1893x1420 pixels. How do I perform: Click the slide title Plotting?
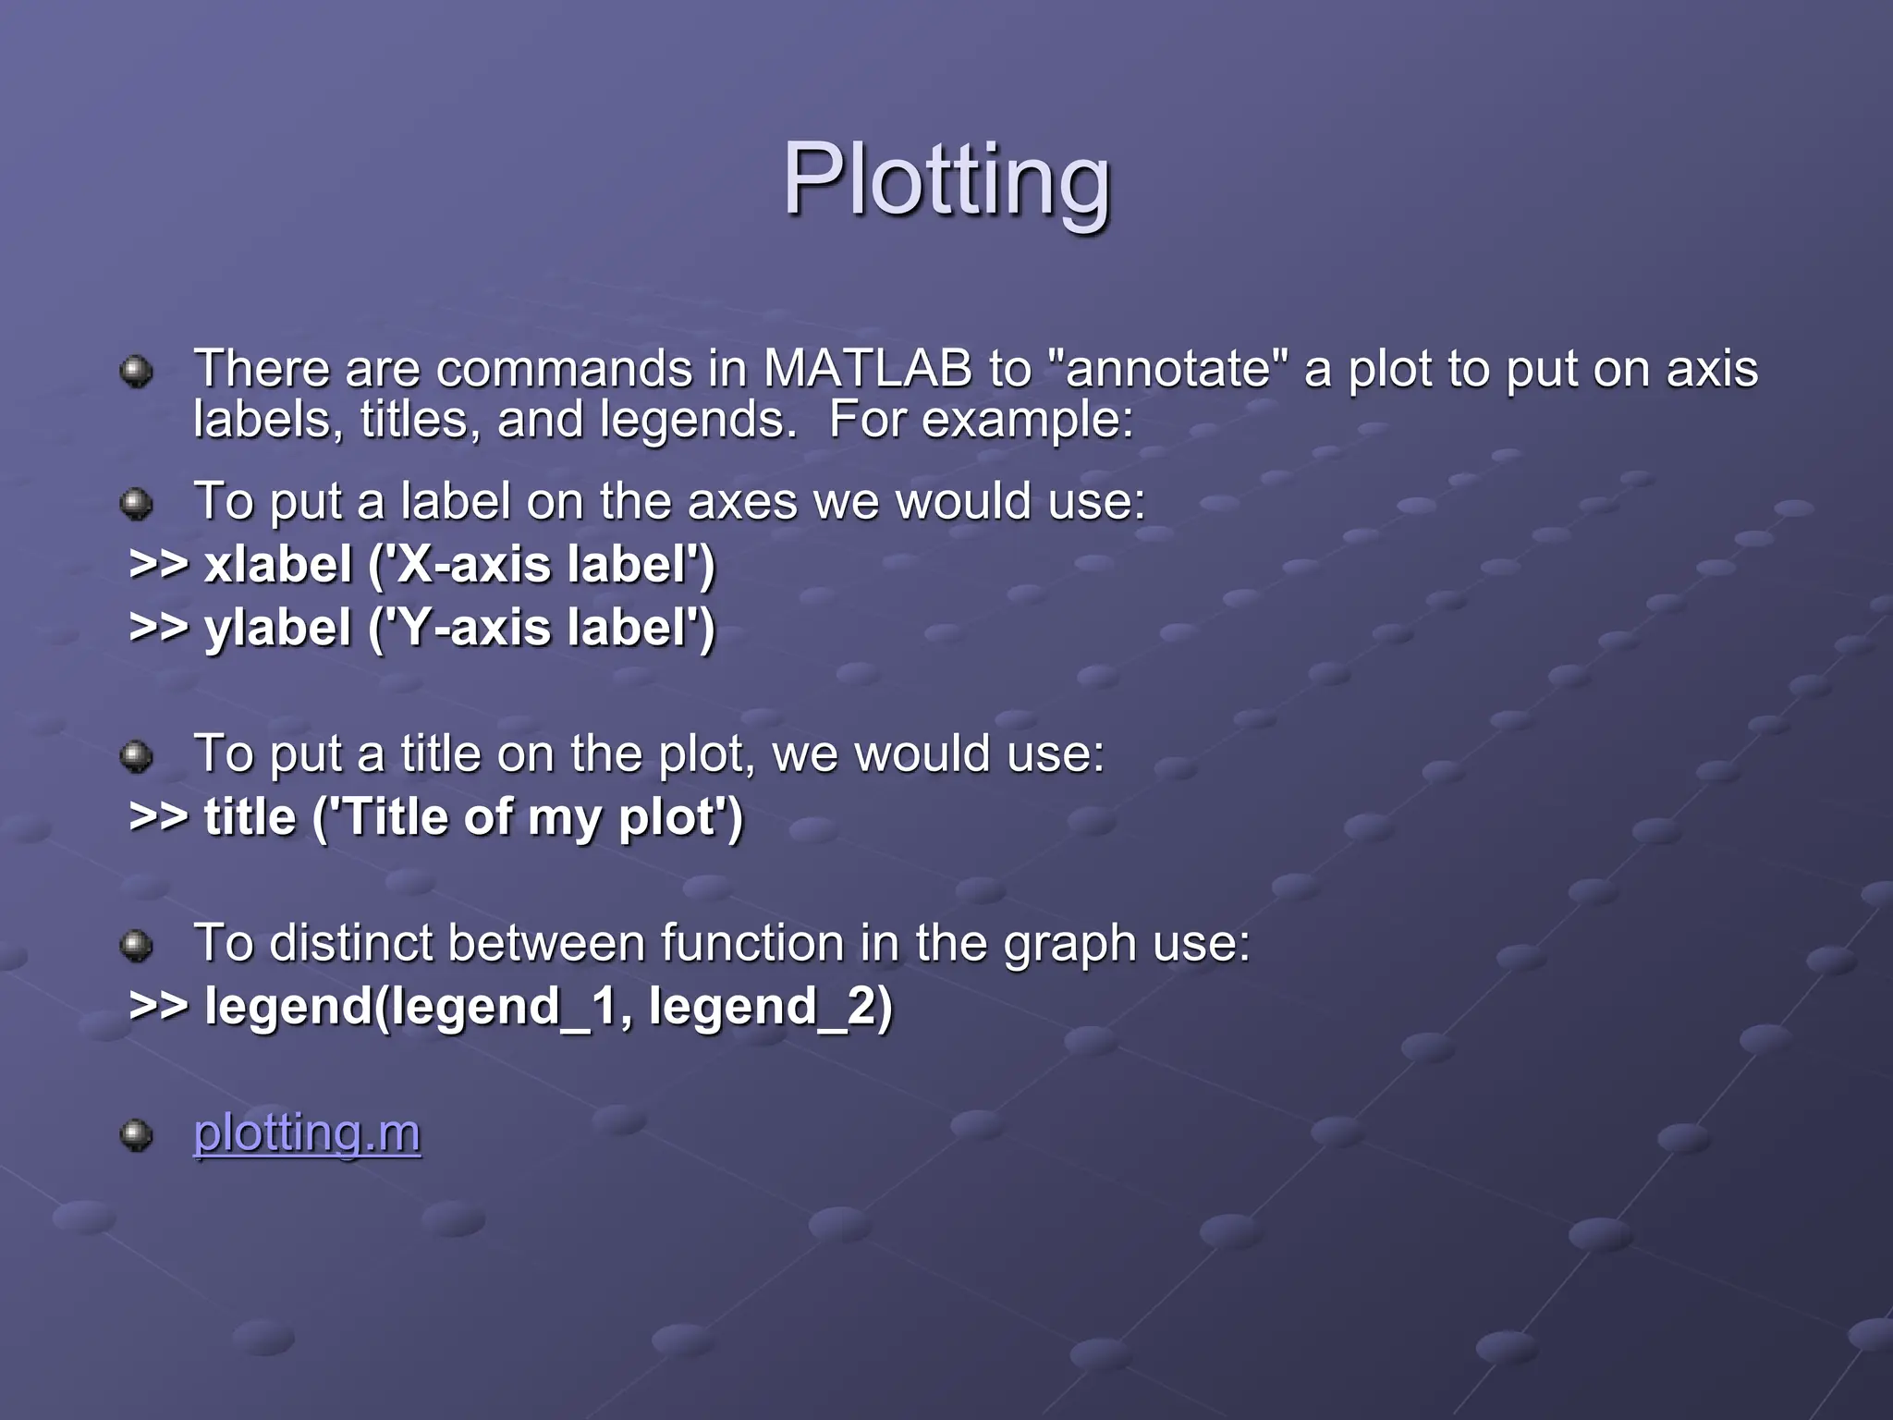pyautogui.click(x=946, y=180)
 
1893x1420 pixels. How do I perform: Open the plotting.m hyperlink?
pyautogui.click(x=307, y=1132)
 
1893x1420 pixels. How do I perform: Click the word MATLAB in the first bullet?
pyautogui.click(x=868, y=369)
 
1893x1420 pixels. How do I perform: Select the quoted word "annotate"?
pyautogui.click(x=1168, y=369)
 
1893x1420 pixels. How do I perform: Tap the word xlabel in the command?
pyautogui.click(x=278, y=564)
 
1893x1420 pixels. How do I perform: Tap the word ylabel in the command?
pyautogui.click(x=278, y=628)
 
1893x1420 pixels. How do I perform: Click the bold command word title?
pyautogui.click(x=250, y=817)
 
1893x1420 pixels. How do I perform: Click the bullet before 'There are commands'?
pyautogui.click(x=137, y=372)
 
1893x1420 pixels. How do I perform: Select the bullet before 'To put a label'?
pyautogui.click(x=137, y=504)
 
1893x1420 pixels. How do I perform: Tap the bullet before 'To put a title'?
pyautogui.click(x=137, y=756)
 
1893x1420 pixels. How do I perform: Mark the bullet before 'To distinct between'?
pyautogui.click(x=137, y=946)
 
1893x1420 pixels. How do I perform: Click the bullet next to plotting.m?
pyautogui.click(x=137, y=1134)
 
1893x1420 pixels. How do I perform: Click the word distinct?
pyautogui.click(x=351, y=944)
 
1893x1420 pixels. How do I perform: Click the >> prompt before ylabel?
pyautogui.click(x=159, y=628)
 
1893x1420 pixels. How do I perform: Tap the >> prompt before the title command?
pyautogui.click(x=159, y=817)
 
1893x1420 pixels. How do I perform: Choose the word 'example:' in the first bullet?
pyautogui.click(x=1027, y=421)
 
